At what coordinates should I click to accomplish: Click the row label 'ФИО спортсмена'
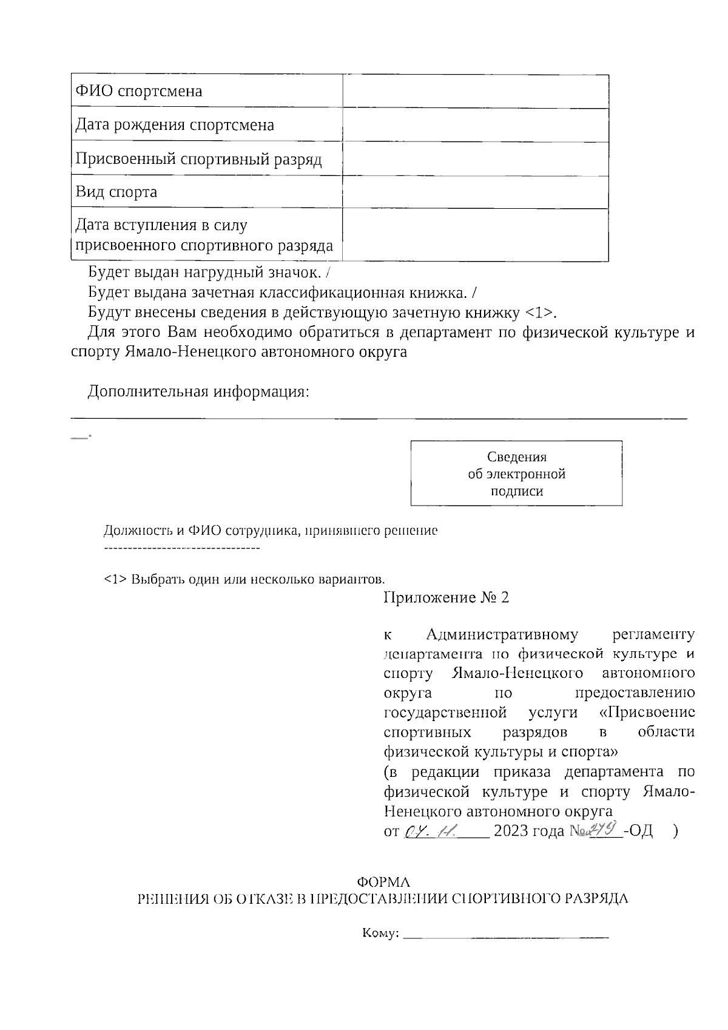pos(138,92)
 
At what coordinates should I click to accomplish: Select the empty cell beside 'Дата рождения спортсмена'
pos(475,125)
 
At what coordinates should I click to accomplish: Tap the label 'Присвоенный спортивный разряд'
pos(198,159)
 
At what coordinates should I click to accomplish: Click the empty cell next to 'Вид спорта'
pos(475,192)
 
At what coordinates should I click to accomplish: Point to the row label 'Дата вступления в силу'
pos(161,226)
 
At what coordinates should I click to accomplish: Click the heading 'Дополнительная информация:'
pos(198,391)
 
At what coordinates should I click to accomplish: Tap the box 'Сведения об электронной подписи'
pos(516,473)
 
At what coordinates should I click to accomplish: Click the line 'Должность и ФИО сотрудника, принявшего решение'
pos(271,530)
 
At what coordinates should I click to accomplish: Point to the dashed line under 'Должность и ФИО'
pos(182,549)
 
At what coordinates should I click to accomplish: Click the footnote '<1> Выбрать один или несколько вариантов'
pos(244,578)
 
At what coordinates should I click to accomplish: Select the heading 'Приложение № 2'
pos(446,598)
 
